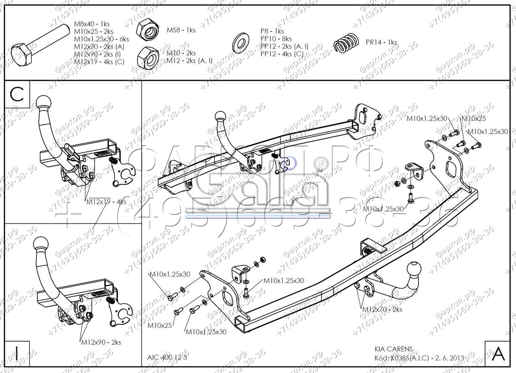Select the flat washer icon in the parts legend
[x=240, y=42]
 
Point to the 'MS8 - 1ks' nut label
[x=181, y=30]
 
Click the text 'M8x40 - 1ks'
[x=92, y=24]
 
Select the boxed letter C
[x=17, y=95]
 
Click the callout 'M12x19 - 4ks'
[x=106, y=201]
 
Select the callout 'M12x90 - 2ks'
[x=101, y=342]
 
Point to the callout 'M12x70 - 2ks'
[x=382, y=309]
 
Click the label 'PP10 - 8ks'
[x=276, y=39]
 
